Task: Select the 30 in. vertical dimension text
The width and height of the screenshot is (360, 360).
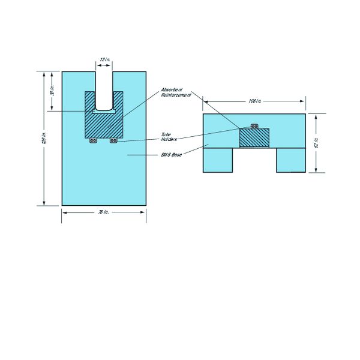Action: (52, 91)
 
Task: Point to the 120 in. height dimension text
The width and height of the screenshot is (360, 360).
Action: (44, 138)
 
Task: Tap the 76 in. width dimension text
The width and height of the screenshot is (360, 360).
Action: (104, 213)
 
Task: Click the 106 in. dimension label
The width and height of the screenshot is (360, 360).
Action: (255, 101)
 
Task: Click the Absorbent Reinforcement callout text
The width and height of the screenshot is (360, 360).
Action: (175, 92)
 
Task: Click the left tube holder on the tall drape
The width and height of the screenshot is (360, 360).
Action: (93, 141)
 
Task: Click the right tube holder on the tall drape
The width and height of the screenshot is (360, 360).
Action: (113, 141)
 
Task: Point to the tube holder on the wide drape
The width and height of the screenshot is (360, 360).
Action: (254, 127)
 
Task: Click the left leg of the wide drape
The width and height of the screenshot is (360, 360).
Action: (218, 160)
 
